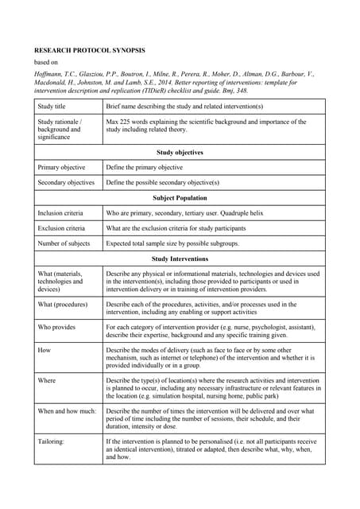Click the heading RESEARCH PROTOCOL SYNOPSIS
click(x=89, y=50)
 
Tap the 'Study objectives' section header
click(x=180, y=152)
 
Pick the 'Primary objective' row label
click(x=64, y=168)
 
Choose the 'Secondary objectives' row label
click(x=66, y=182)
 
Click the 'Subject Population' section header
click(x=180, y=198)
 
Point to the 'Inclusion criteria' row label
click(x=62, y=213)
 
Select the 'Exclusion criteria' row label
click(x=63, y=228)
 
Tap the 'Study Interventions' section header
click(x=180, y=258)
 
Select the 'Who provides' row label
click(x=57, y=325)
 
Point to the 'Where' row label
click(x=46, y=380)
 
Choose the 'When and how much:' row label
click(x=67, y=411)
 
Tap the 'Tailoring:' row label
click(x=53, y=441)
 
